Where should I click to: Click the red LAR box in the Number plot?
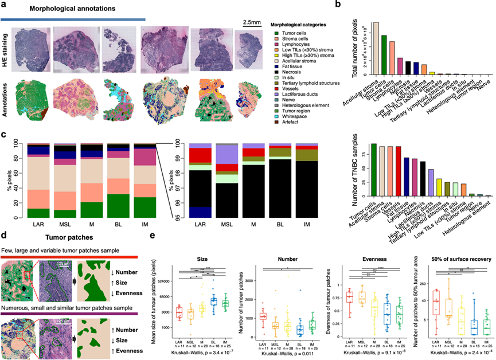pos(263,316)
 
